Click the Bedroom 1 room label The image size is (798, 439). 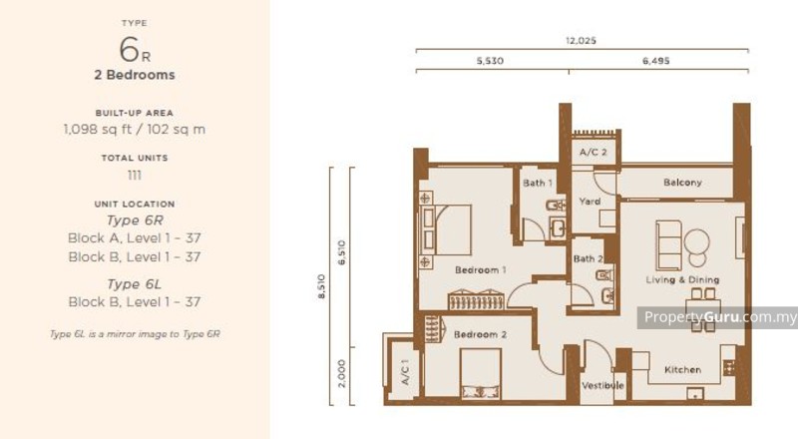pyautogui.click(x=481, y=270)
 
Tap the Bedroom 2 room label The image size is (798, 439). pyautogui.click(x=481, y=334)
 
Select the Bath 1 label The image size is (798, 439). pyautogui.click(x=538, y=183)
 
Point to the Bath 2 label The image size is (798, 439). pyautogui.click(x=587, y=258)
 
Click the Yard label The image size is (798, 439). pyautogui.click(x=589, y=202)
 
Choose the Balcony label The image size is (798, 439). pyautogui.click(x=682, y=183)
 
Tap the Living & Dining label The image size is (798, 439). pyautogui.click(x=682, y=279)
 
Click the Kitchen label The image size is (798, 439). pyautogui.click(x=682, y=369)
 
